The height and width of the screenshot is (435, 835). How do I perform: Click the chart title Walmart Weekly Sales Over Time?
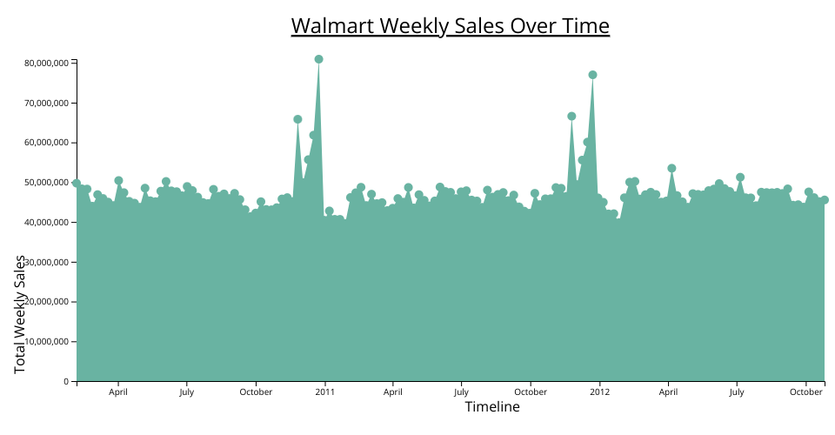pos(450,26)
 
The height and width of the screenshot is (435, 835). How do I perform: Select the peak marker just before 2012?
pos(592,75)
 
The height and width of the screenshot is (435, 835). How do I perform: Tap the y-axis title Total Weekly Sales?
pos(20,315)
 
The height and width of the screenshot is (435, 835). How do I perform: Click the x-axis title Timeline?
pos(492,407)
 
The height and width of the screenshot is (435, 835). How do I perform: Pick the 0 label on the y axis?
pos(65,382)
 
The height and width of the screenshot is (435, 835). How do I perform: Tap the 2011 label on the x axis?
pos(324,392)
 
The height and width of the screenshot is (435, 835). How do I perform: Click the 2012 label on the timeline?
pos(599,392)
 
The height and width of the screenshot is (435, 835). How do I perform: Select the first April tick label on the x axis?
pos(118,392)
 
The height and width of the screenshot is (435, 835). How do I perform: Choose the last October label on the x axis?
pos(805,392)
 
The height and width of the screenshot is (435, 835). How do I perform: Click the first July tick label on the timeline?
pos(187,392)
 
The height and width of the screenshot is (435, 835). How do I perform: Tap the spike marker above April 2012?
pos(671,168)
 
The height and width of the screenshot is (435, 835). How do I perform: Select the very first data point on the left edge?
pos(77,184)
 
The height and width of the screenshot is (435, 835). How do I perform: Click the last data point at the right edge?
pos(825,200)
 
